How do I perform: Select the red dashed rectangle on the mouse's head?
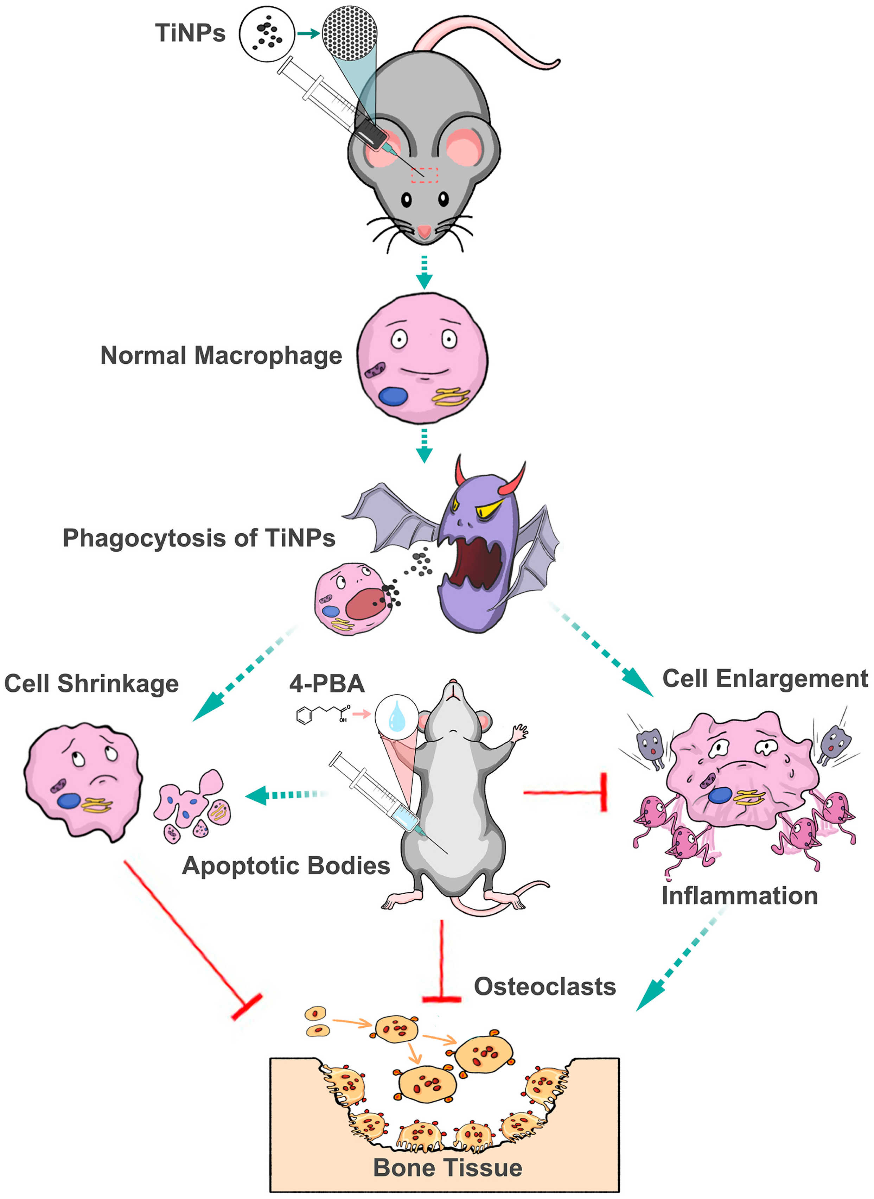[x=424, y=175]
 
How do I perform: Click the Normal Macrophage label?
[x=221, y=356]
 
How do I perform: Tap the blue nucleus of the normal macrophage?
[x=393, y=396]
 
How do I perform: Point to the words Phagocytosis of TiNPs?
[x=199, y=538]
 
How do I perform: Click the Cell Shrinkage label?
[x=91, y=683]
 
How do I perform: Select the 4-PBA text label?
[x=326, y=684]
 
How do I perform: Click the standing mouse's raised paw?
[x=519, y=732]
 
